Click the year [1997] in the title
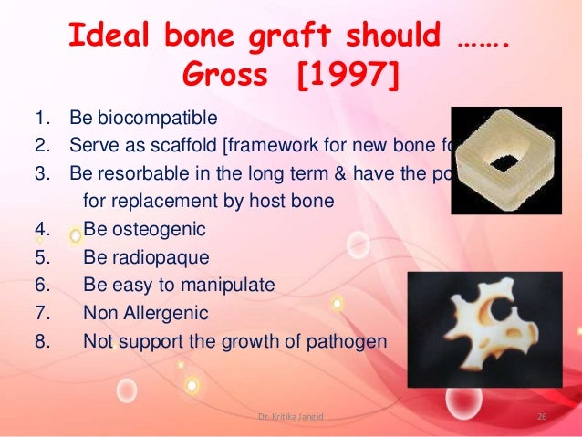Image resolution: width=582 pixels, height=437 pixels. pos(343,78)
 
